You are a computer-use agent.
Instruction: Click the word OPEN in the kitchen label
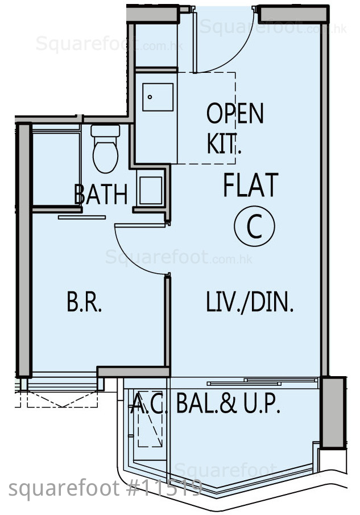[235, 113]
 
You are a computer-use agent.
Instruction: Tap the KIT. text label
[224, 143]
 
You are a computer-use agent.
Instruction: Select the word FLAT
[251, 185]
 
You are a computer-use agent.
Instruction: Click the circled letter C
[254, 226]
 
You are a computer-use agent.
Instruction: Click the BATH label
[101, 195]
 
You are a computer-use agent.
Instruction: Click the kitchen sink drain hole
[150, 97]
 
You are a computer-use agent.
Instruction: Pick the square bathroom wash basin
[151, 191]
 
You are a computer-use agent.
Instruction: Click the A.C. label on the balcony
[150, 403]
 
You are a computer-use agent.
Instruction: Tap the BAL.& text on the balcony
[206, 403]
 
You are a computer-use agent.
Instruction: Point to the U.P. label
[262, 403]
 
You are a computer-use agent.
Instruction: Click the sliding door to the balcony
[263, 382]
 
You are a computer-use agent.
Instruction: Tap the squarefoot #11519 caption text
[105, 488]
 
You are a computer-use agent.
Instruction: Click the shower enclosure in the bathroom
[56, 167]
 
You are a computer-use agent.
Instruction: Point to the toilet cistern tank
[105, 131]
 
